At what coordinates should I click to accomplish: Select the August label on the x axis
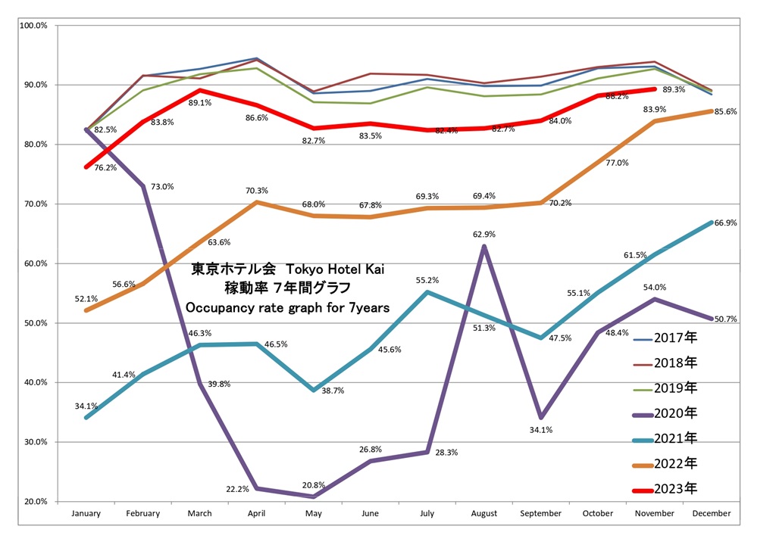tap(484, 514)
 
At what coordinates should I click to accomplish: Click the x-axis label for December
tap(712, 514)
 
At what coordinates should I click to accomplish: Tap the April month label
tap(256, 514)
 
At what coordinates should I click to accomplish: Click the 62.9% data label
tap(484, 234)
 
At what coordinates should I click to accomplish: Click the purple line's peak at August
tap(484, 246)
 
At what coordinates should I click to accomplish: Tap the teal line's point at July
tap(427, 292)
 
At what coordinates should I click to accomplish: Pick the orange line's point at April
tap(256, 202)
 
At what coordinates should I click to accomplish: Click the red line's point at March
tap(199, 90)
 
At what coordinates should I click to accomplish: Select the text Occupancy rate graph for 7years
tap(288, 307)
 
